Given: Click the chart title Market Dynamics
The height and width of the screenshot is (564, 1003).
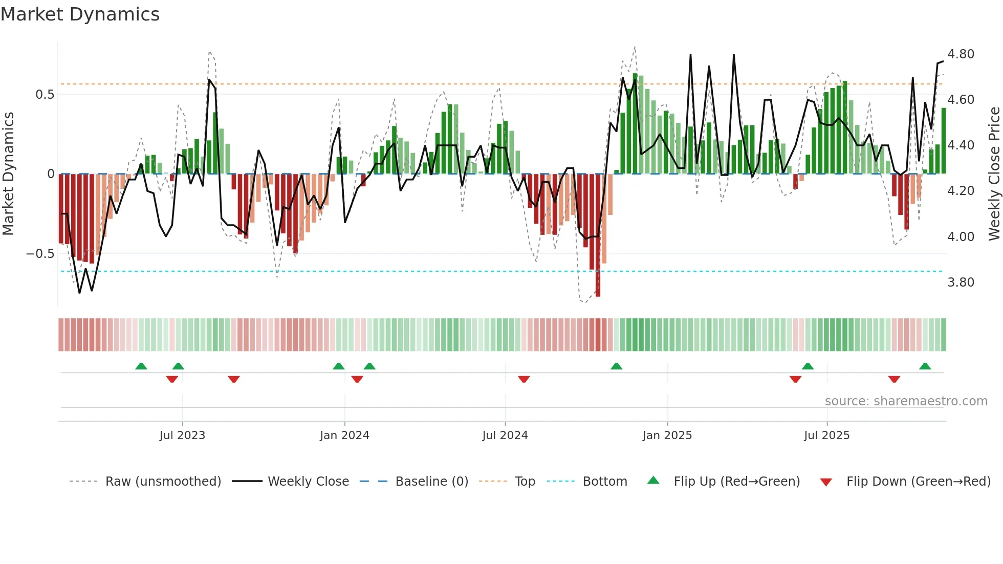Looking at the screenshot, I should [80, 14].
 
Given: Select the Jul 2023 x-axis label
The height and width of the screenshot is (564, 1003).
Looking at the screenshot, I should [182, 436].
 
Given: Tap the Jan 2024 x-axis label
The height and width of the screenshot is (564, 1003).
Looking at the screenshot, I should [344, 436].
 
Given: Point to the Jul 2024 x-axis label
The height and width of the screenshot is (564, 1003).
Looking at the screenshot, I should [505, 436].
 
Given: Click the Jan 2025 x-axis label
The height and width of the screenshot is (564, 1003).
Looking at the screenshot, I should [667, 436].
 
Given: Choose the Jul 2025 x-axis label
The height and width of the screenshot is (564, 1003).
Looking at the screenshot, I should [826, 436].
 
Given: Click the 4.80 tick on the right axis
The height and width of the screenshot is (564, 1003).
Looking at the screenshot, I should [961, 54].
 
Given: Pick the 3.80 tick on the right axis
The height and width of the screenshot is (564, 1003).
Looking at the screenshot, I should [961, 283].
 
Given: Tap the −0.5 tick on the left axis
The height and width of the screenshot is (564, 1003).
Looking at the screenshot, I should [40, 254].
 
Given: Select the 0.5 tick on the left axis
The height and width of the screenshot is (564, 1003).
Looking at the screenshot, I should [45, 95].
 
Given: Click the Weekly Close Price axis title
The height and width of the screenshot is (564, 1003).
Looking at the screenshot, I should [994, 174].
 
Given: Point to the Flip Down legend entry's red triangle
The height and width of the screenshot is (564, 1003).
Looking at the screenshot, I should [826, 482].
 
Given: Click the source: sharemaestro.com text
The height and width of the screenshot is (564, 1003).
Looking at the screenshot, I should [906, 401].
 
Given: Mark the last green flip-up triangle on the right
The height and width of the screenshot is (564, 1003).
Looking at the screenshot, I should [925, 366].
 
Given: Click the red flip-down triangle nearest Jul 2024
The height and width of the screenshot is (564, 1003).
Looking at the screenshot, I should [524, 379].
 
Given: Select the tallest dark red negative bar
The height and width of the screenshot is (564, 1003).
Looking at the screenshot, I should [598, 235].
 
